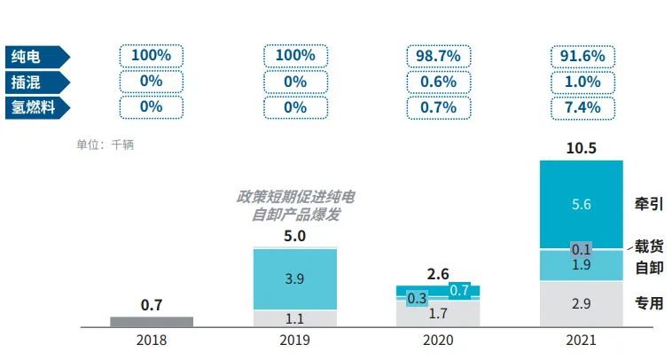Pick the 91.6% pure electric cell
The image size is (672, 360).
(582, 56)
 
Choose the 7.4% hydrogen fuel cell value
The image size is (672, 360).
(582, 107)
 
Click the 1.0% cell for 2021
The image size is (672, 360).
(582, 82)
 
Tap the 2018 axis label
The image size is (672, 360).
(152, 340)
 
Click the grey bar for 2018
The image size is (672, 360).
(152, 322)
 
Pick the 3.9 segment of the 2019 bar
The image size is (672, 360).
(295, 278)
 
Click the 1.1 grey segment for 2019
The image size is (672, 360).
(295, 318)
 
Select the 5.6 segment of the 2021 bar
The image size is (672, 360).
(582, 204)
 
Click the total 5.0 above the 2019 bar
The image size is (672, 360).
(295, 236)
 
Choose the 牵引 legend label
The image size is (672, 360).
(649, 203)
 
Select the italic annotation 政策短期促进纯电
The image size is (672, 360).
(295, 196)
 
